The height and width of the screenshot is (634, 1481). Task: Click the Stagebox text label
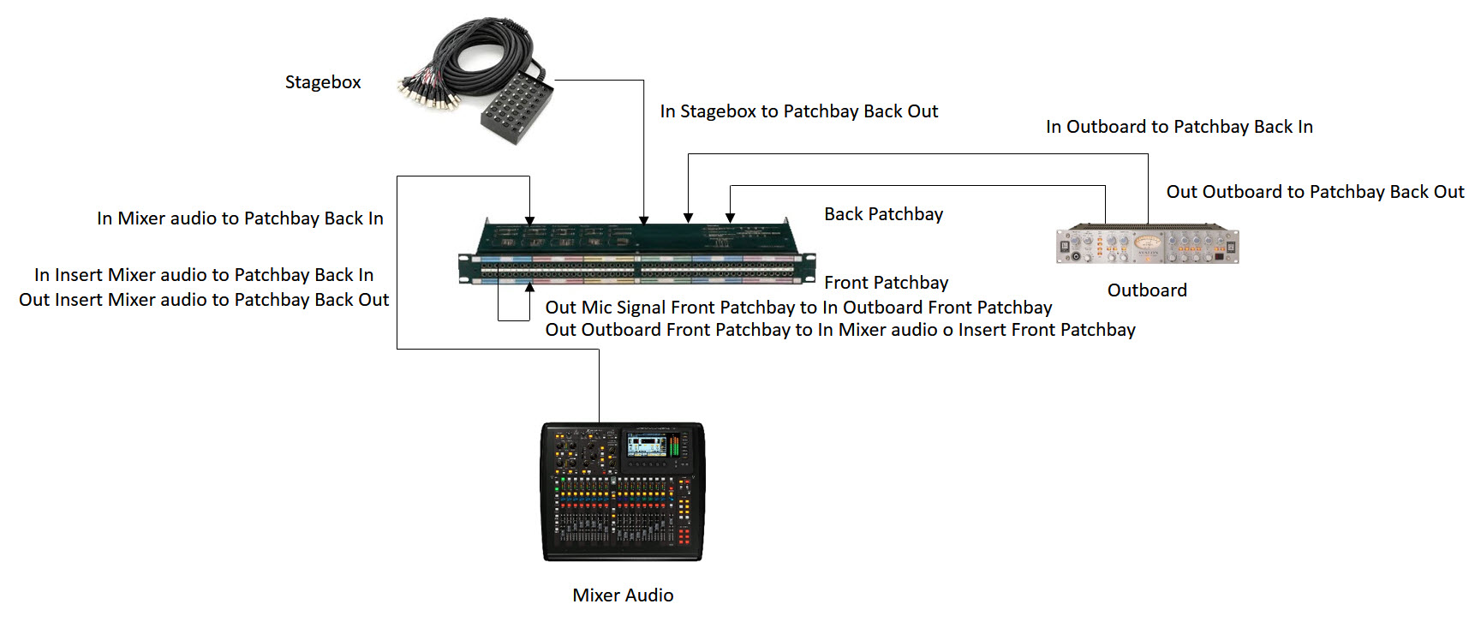click(x=323, y=82)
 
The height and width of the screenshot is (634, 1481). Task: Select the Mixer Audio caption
click(x=623, y=595)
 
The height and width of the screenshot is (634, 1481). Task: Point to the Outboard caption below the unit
click(x=1147, y=290)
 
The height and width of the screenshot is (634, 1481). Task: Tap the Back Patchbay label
click(x=883, y=214)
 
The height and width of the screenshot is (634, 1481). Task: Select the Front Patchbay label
click(x=886, y=283)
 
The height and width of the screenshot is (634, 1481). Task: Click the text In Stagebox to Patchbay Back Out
click(x=798, y=111)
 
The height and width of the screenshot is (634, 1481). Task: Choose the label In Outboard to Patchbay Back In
click(x=1179, y=127)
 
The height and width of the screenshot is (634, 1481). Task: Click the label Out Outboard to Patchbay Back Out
click(x=1315, y=192)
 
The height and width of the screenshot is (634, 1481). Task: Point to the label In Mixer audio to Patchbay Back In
click(x=240, y=218)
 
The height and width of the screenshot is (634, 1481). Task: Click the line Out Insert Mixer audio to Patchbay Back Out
click(x=204, y=300)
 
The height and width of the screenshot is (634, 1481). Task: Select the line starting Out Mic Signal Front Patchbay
click(x=798, y=308)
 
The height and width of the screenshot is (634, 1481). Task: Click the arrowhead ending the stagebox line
click(x=643, y=220)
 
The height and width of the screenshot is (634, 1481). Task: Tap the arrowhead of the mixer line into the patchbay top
click(x=530, y=220)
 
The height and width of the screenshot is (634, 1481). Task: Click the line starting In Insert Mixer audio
click(x=204, y=275)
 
